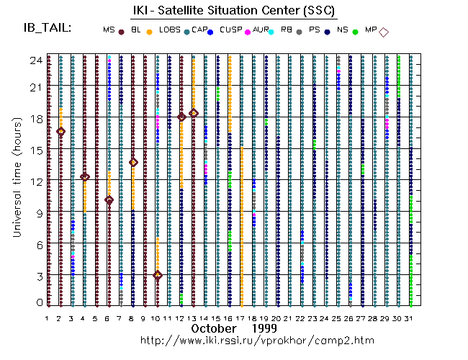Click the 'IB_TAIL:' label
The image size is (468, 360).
47,28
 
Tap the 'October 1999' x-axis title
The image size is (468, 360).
224,328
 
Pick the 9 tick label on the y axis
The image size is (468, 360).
36,213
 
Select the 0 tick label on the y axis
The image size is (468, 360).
36,304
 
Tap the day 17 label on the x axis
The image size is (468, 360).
240,318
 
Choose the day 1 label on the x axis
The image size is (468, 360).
48,318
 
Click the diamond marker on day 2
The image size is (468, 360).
61,131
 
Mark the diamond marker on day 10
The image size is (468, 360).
158,275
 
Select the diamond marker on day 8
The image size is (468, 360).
133,162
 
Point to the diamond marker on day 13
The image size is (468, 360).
194,113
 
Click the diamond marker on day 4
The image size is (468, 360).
85,176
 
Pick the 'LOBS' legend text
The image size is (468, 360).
170,29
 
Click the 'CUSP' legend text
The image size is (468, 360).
231,29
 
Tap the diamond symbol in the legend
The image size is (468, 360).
384,32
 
